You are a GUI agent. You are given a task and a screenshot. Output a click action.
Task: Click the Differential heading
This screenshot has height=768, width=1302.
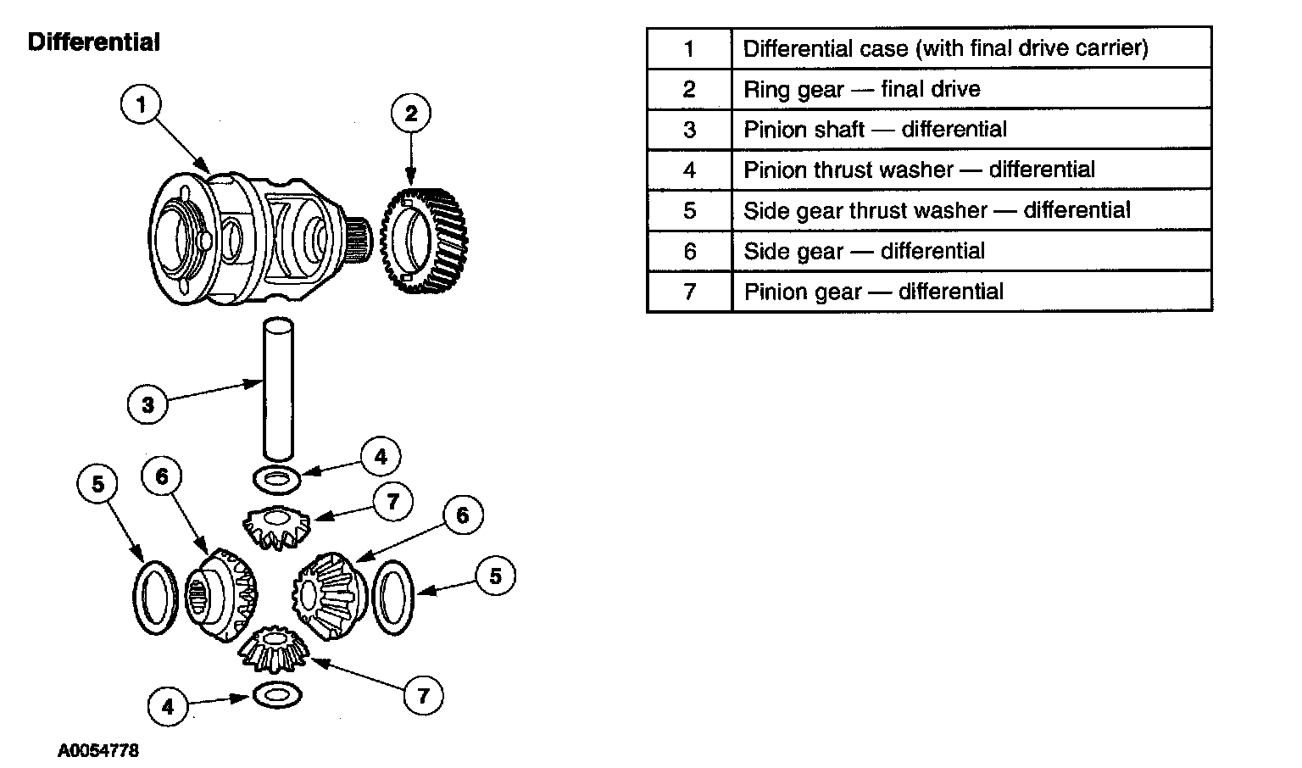[x=93, y=42]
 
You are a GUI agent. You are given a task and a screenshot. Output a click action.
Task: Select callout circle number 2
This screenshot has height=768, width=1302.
[x=411, y=114]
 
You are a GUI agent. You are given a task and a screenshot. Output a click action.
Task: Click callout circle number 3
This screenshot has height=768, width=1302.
[x=148, y=403]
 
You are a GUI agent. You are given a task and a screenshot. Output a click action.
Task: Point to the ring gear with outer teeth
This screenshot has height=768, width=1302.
[x=429, y=240]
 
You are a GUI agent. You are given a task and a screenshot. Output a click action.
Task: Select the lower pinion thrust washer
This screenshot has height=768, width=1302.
[x=277, y=695]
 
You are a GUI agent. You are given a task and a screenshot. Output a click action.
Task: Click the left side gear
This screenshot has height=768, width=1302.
[x=220, y=590]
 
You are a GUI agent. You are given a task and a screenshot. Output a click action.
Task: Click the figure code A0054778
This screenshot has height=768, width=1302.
[x=98, y=750]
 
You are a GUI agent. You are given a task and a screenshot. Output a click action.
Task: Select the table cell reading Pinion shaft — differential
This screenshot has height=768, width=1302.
[x=875, y=130]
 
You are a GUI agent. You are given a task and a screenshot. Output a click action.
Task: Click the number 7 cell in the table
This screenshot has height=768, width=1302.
[x=689, y=292]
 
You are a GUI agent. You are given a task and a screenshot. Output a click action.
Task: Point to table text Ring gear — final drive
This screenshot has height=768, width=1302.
[x=861, y=89]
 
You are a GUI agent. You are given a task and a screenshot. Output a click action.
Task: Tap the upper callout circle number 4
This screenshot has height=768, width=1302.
[x=381, y=457]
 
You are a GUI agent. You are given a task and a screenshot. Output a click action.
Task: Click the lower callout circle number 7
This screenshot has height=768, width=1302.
[x=422, y=696]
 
